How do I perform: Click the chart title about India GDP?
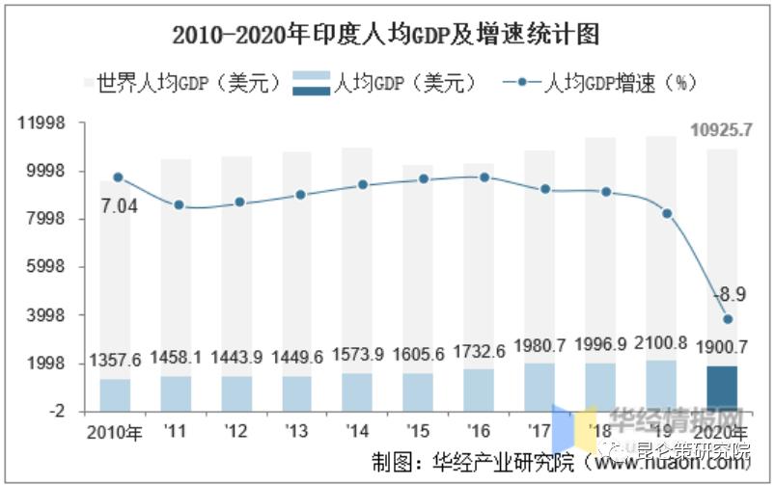tap(386, 36)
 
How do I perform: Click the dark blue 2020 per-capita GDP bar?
tap(722, 389)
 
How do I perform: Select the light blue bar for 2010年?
tap(116, 394)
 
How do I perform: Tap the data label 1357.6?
tap(116, 360)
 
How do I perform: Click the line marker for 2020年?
tap(728, 319)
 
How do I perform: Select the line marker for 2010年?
tap(118, 177)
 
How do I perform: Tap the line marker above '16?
tap(484, 177)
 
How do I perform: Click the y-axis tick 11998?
tap(42, 123)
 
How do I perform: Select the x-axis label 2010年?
tap(114, 431)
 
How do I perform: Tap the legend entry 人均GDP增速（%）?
tap(598, 83)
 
